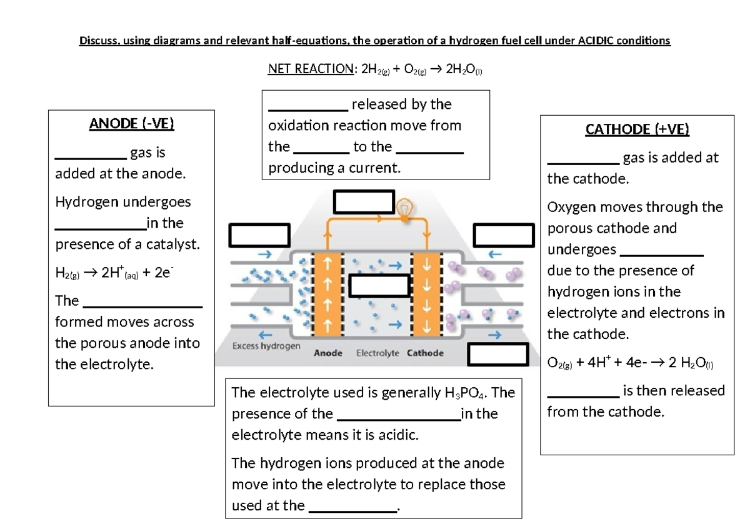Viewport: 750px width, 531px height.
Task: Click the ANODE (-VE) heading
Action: point(131,124)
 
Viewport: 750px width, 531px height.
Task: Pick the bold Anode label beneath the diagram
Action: point(328,353)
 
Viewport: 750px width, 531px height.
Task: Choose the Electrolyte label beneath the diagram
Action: point(377,353)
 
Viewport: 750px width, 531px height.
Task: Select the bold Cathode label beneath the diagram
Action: point(425,353)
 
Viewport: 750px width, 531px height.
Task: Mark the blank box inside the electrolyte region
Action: point(378,285)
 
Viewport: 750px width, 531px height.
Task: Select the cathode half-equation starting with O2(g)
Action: point(630,364)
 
